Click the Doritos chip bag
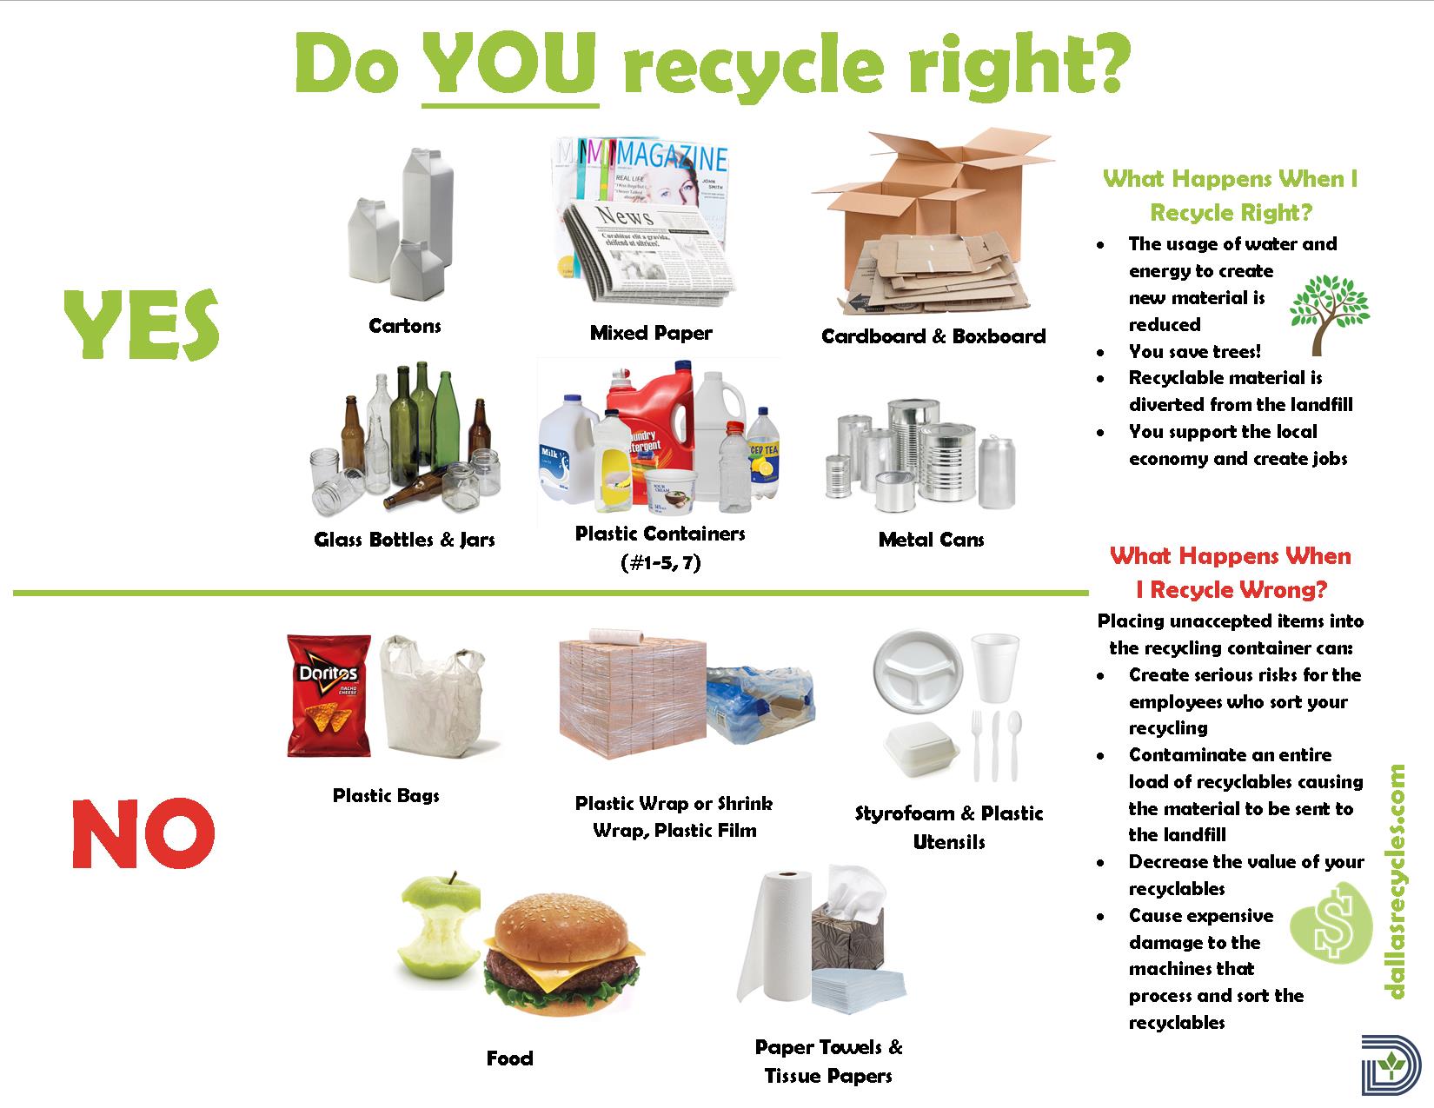(x=329, y=695)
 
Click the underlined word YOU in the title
(x=510, y=64)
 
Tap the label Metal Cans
(x=931, y=540)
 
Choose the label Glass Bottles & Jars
(x=404, y=540)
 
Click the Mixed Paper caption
(x=651, y=333)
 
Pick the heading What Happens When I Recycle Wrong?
(x=1231, y=573)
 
